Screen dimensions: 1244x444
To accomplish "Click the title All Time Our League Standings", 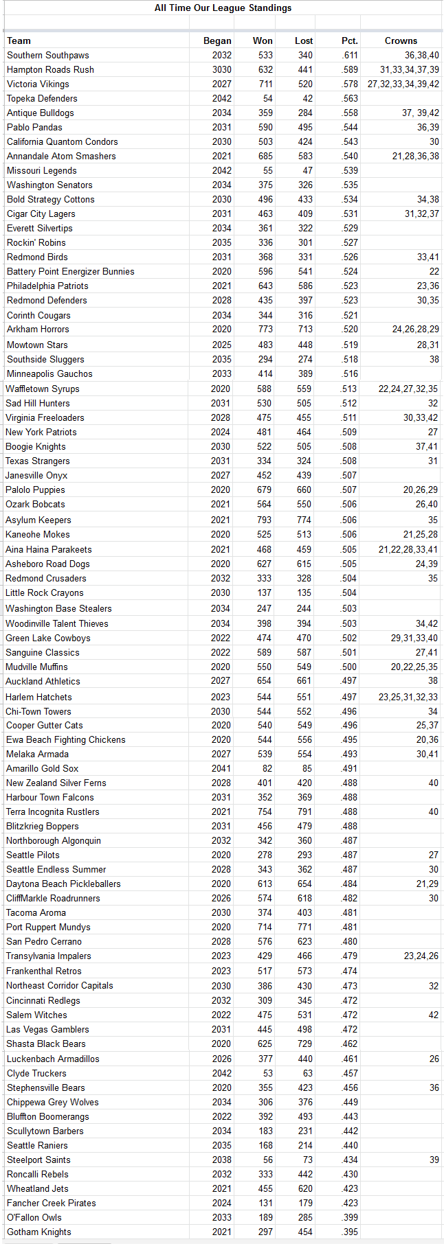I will pyautogui.click(x=223, y=8).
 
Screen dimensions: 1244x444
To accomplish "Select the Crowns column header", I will pyautogui.click(x=401, y=41).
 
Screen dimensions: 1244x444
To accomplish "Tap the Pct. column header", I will pyautogui.click(x=349, y=41).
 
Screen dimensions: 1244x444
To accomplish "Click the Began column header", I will pyautogui.click(x=217, y=41).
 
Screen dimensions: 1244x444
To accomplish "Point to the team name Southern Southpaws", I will pyautogui.click(x=48, y=55).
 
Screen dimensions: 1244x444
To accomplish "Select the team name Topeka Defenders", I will pyautogui.click(x=42, y=98).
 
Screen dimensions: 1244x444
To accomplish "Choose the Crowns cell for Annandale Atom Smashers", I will pyautogui.click(x=415, y=156).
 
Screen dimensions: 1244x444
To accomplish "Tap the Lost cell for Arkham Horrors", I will pyautogui.click(x=304, y=329).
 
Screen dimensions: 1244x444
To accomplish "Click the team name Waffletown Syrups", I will pyautogui.click(x=43, y=389).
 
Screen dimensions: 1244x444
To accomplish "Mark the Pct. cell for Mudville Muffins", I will pyautogui.click(x=349, y=667).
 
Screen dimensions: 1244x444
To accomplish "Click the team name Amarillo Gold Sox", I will pyautogui.click(x=42, y=768).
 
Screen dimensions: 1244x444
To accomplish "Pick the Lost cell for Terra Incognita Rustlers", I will pyautogui.click(x=304, y=811).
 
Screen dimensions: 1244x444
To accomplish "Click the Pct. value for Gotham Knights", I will pyautogui.click(x=350, y=1232).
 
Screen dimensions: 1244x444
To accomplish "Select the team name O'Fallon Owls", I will pyautogui.click(x=34, y=1217).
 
